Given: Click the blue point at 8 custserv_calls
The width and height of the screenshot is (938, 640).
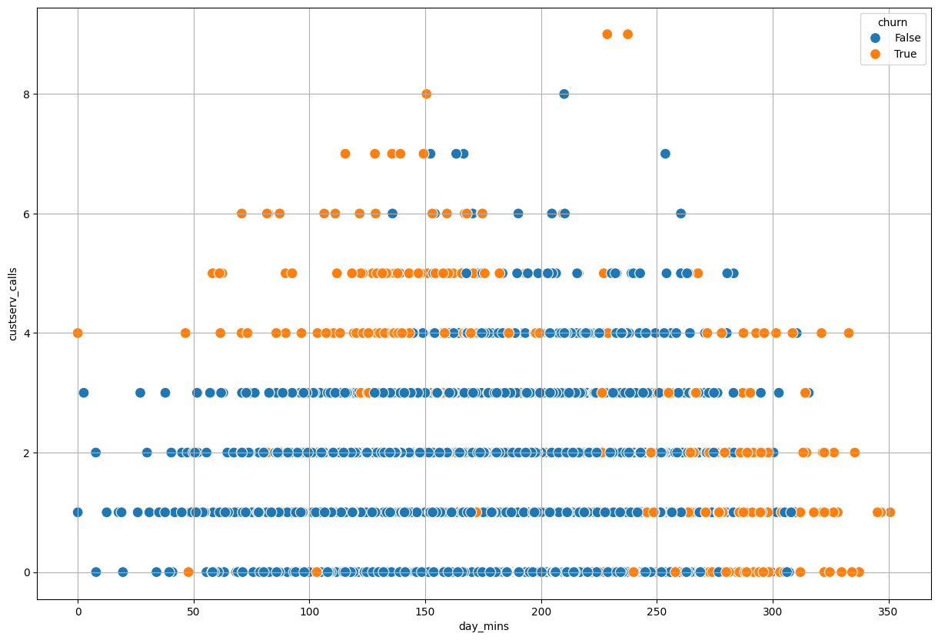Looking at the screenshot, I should coord(564,94).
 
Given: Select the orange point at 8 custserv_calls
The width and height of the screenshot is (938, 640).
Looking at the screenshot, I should coord(426,94).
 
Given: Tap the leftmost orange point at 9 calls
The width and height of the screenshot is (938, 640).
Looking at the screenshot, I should coord(607,34).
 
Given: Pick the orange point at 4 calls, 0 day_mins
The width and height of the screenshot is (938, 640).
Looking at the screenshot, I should coord(78,333).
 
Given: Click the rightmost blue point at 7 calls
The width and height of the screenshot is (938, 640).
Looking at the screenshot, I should coord(665,154).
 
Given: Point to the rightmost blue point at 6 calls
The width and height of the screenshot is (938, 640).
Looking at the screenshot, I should coord(680,214).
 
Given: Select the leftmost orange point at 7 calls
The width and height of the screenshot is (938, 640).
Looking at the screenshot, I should coord(345,154).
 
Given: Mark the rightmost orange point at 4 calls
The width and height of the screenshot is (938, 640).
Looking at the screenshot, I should coord(848,333).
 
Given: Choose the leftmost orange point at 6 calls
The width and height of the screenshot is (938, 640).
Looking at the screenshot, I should coord(241,214).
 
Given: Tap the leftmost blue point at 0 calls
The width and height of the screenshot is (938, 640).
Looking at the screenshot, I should coord(96,572).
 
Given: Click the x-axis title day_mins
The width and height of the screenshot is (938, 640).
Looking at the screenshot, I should coord(484,627).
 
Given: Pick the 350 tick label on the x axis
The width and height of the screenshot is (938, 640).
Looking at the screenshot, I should coord(889,609).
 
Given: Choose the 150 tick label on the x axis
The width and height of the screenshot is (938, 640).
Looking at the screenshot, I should coord(425,609).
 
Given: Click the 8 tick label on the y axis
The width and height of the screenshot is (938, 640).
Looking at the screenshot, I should coord(25,94).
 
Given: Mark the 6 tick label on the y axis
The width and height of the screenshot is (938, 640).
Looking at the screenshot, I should coord(25,214).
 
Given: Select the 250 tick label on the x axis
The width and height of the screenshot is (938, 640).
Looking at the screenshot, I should coord(657,609).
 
